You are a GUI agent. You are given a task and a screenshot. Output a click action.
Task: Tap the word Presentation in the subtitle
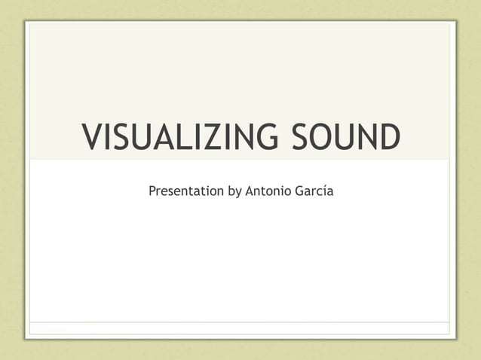pos(186,191)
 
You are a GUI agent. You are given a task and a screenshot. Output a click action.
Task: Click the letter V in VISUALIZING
pos(92,138)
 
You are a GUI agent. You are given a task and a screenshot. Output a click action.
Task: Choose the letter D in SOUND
pos(388,138)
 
